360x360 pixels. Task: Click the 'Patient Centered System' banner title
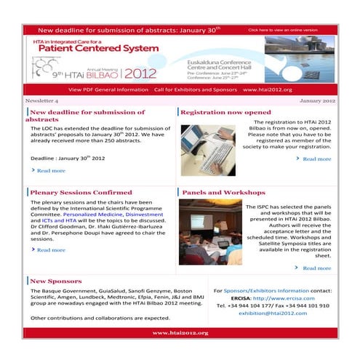[x=95, y=49]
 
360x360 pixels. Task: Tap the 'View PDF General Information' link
[x=108, y=89]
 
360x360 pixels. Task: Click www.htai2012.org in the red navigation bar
[x=267, y=89]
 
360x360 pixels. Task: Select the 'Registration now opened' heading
[x=225, y=113]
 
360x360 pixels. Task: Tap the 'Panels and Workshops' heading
[x=223, y=193]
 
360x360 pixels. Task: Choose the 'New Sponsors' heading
[x=55, y=281]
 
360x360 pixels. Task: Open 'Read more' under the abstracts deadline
[x=50, y=170]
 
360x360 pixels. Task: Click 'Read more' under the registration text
[x=316, y=159]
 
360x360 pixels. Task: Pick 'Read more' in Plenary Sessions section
[x=50, y=249]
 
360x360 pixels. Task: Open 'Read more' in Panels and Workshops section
[x=316, y=268]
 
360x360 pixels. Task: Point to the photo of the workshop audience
[x=210, y=238]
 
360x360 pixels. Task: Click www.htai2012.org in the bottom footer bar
[x=180, y=332]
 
